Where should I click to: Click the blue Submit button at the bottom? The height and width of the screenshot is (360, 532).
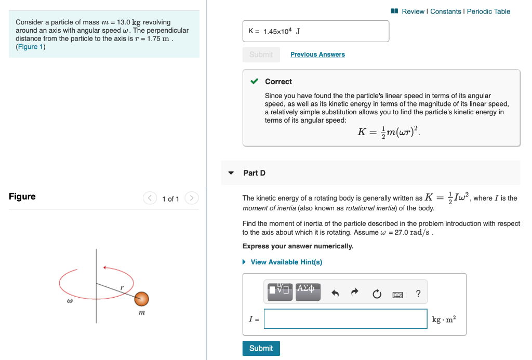pyautogui.click(x=261, y=348)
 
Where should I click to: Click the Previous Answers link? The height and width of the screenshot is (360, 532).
pyautogui.click(x=317, y=55)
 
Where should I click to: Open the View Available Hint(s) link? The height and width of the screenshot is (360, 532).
pyautogui.click(x=286, y=262)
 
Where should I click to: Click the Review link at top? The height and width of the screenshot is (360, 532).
pyautogui.click(x=413, y=11)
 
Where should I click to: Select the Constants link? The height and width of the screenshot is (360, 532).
pyautogui.click(x=445, y=11)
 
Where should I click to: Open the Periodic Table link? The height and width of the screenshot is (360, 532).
pyautogui.click(x=488, y=11)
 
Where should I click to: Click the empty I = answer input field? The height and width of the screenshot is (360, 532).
pyautogui.click(x=345, y=319)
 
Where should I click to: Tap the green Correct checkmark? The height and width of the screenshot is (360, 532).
pyautogui.click(x=254, y=82)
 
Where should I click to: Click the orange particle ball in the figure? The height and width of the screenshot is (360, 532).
pyautogui.click(x=141, y=299)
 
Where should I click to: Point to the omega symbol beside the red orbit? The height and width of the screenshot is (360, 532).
pyautogui.click(x=69, y=301)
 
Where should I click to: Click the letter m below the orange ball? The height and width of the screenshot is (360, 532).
pyautogui.click(x=141, y=313)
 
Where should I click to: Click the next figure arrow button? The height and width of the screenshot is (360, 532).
pyautogui.click(x=192, y=198)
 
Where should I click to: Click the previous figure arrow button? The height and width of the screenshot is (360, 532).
pyautogui.click(x=150, y=198)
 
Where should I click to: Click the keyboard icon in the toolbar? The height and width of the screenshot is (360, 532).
pyautogui.click(x=397, y=295)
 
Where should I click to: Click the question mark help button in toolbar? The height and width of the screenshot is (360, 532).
pyautogui.click(x=418, y=295)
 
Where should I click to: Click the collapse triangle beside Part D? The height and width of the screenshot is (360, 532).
pyautogui.click(x=231, y=173)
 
